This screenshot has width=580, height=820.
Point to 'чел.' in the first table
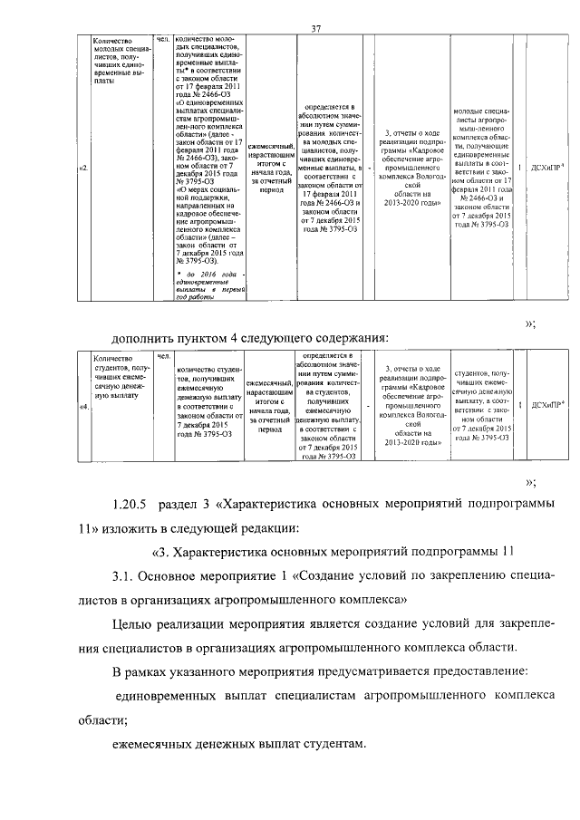pyautogui.click(x=163, y=41)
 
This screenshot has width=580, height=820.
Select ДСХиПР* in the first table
pyautogui.click(x=545, y=168)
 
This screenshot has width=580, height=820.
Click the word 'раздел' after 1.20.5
pyautogui.click(x=181, y=504)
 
